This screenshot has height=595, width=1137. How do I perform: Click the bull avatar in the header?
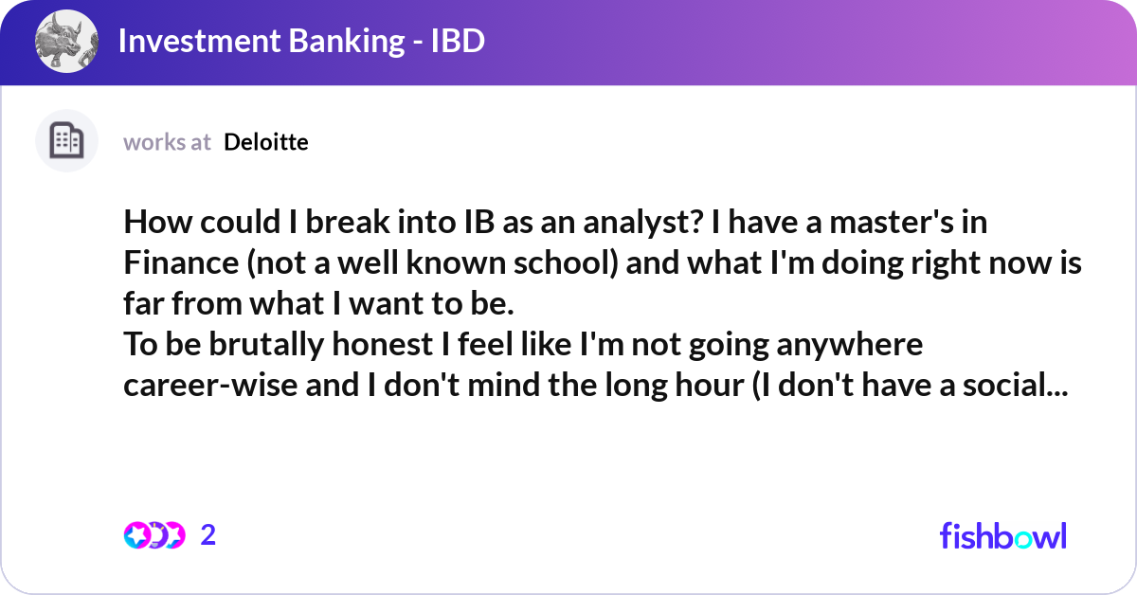click(x=66, y=43)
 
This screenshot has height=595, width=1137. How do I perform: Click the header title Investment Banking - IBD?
click(x=301, y=43)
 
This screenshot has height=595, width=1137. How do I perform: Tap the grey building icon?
click(x=66, y=141)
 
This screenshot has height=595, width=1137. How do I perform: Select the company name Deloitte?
click(x=266, y=142)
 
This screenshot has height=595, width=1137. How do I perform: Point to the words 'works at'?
click(x=167, y=142)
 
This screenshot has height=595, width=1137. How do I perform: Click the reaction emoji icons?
click(x=153, y=535)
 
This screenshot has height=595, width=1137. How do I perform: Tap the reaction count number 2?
click(x=208, y=535)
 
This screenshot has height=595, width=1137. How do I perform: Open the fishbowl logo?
click(x=1002, y=535)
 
